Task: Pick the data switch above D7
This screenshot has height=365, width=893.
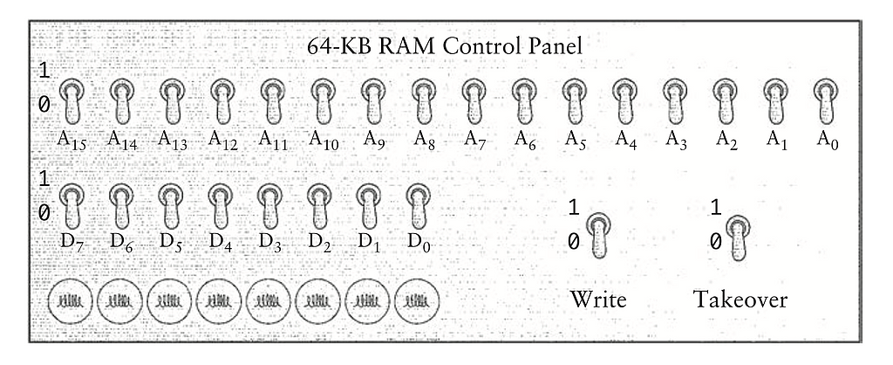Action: point(72,206)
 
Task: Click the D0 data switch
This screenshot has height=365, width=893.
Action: point(419,206)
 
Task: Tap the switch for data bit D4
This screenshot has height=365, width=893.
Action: point(221,206)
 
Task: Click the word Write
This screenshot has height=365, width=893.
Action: point(598,300)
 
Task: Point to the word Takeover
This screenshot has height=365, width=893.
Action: point(740,300)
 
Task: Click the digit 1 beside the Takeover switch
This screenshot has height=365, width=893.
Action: point(716,209)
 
